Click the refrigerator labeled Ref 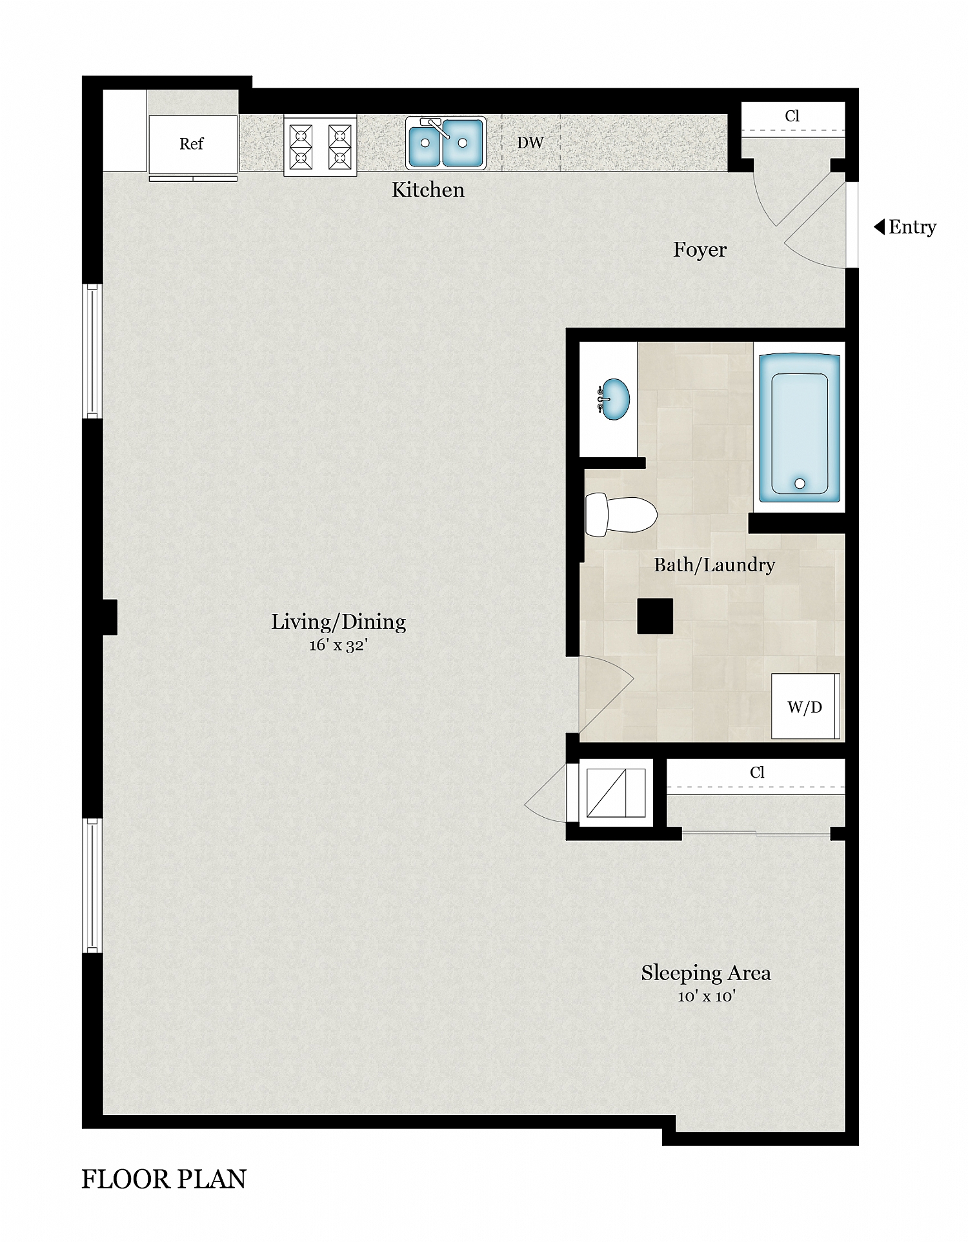192,144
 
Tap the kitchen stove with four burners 320,146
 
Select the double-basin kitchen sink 445,143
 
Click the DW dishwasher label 530,143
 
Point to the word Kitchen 428,190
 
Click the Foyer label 700,250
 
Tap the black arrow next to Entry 879,227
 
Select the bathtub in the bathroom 800,428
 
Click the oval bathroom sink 614,399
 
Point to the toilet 620,515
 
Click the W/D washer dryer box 805,707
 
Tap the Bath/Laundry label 714,565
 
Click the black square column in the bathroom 655,616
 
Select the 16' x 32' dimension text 338,645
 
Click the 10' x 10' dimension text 706,996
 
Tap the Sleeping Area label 705,972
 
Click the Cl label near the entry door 792,116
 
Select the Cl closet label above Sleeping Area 757,773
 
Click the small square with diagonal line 616,793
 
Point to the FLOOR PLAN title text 164,1179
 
